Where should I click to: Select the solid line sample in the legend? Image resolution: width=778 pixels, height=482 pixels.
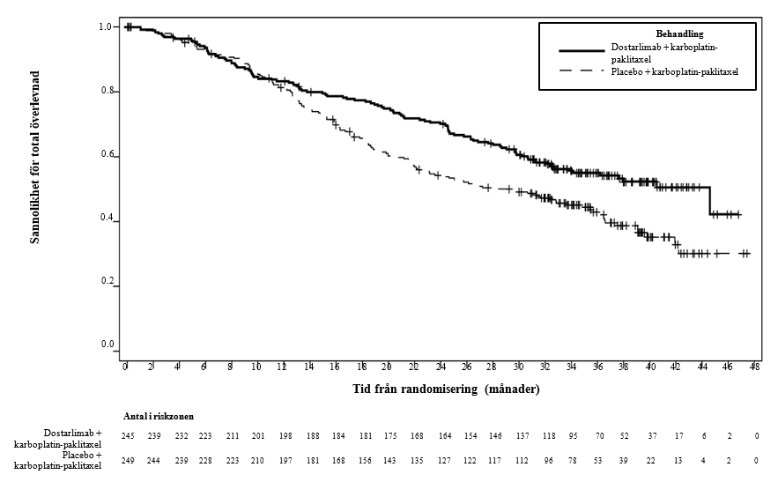pos(573,52)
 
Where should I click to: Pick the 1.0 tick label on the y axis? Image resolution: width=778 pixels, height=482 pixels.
pos(105,27)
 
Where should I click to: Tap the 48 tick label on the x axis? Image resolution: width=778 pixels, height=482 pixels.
pos(755,367)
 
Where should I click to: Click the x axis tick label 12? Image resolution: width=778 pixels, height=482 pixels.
pos(283,367)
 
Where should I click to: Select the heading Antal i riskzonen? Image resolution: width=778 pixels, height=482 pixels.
pos(159,416)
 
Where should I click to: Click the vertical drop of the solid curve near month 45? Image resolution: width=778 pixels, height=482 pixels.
pos(710,200)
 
